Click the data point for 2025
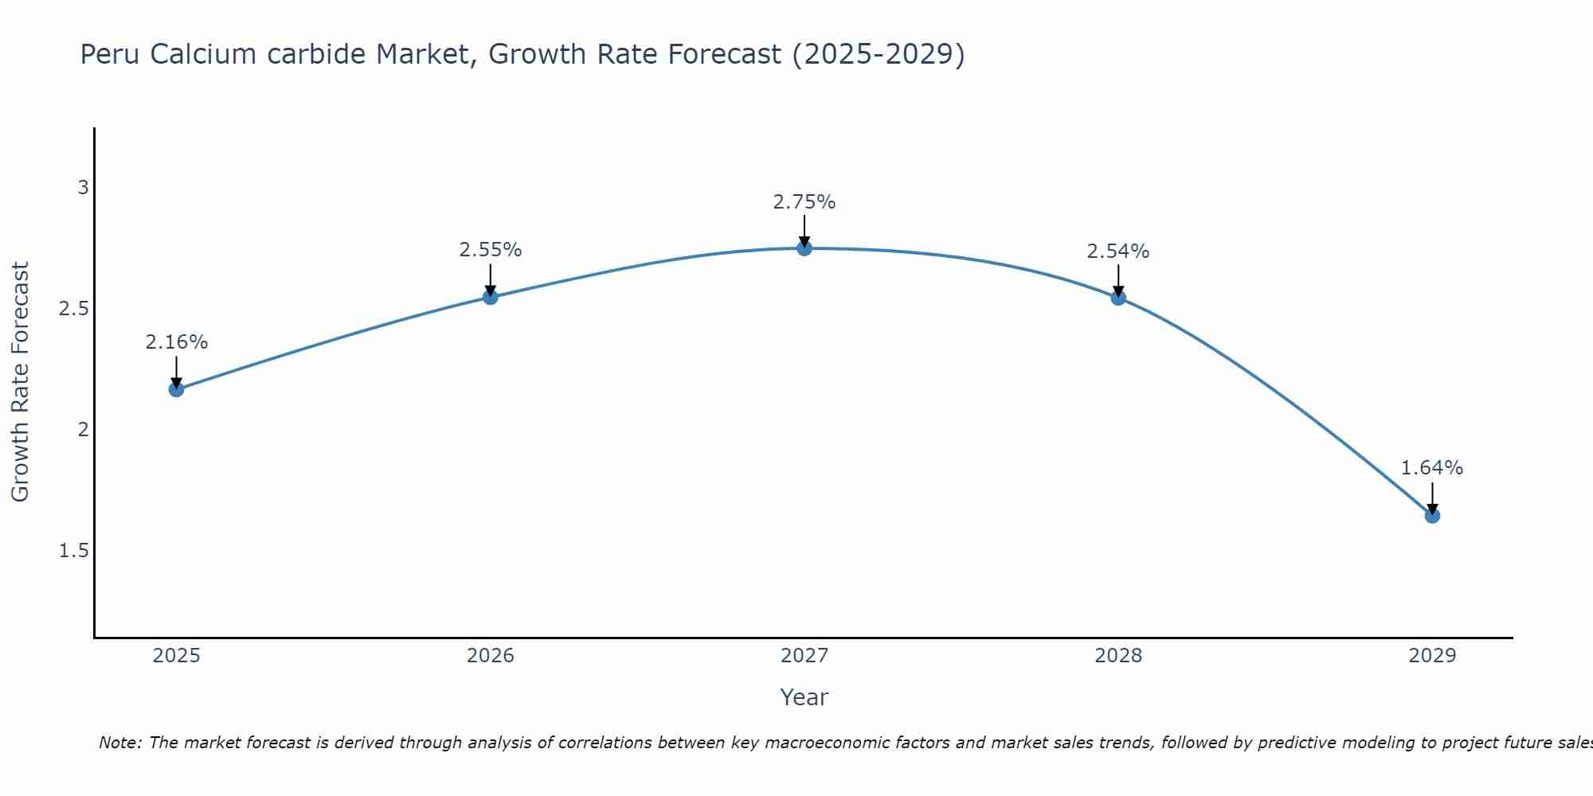(x=176, y=389)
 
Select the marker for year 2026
(x=491, y=297)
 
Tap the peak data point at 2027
(x=804, y=248)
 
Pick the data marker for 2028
(x=1118, y=298)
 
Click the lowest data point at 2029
(x=1432, y=516)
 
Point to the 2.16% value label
(x=176, y=342)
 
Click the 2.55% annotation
(x=491, y=250)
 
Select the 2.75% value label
(x=804, y=202)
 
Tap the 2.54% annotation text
(x=1118, y=252)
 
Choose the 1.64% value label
(x=1432, y=468)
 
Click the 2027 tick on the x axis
(x=804, y=656)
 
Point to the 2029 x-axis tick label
(x=1432, y=656)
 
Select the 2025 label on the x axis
(x=176, y=656)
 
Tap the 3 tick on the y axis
(x=83, y=188)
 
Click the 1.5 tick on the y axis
(x=73, y=551)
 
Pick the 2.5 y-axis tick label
(x=73, y=309)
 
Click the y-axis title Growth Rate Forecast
(x=20, y=382)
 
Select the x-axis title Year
(x=804, y=697)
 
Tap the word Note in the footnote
(x=119, y=743)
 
